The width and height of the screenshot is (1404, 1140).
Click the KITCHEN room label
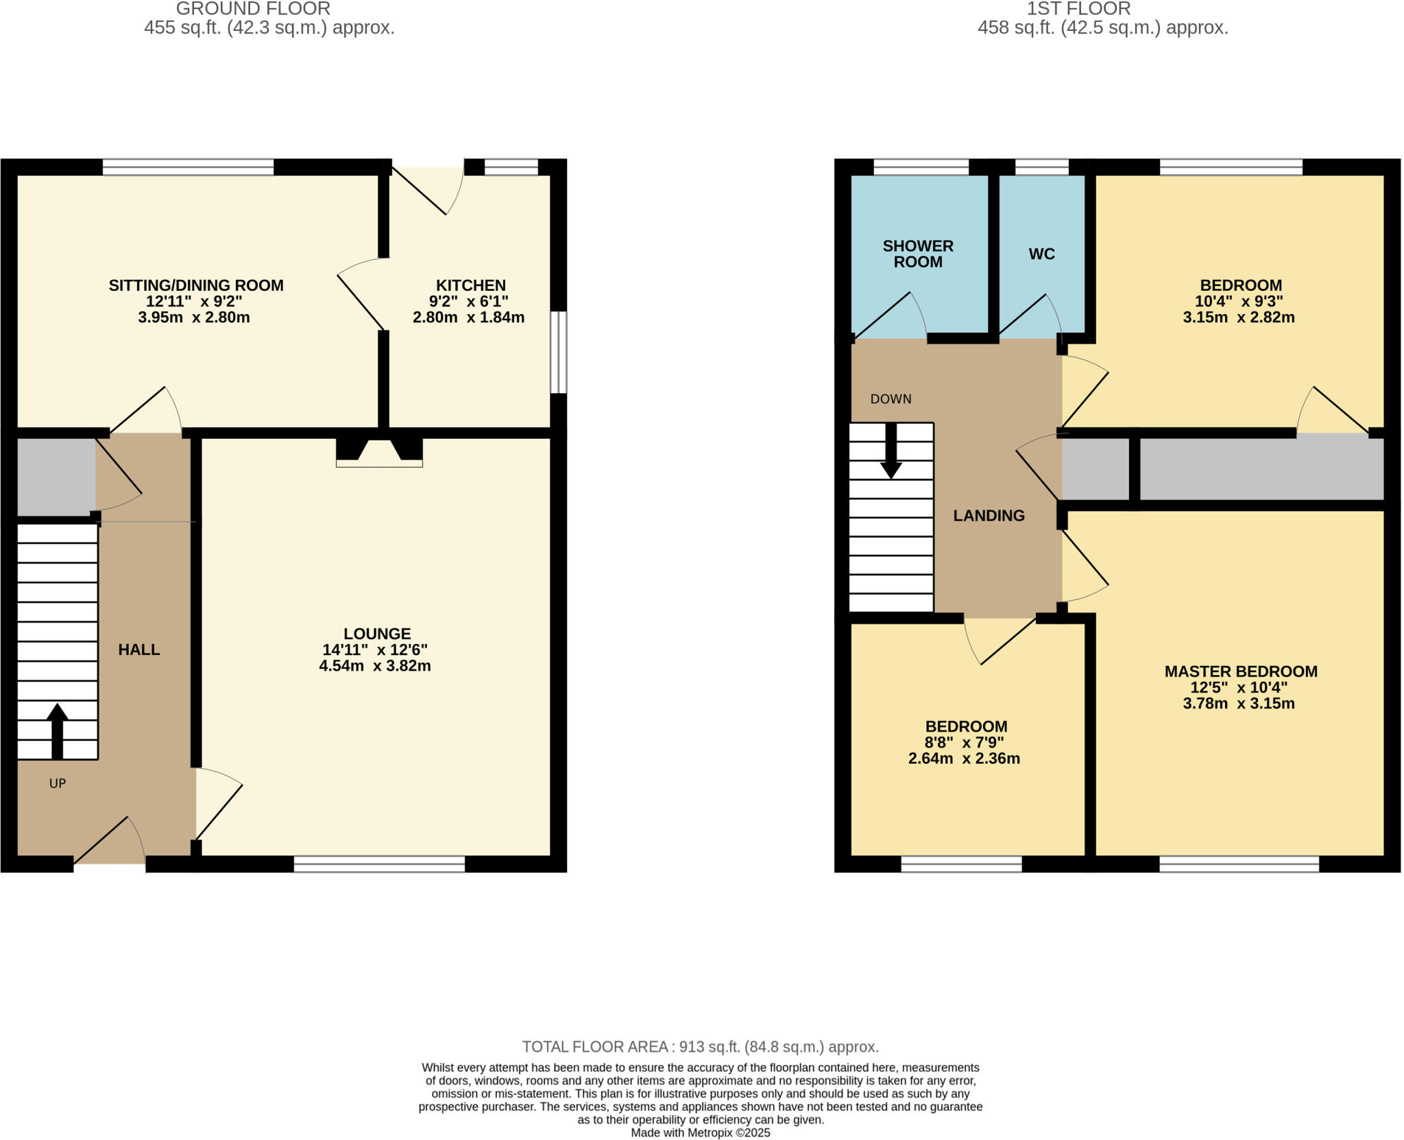pos(470,285)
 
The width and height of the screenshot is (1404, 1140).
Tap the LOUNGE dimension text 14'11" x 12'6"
pos(375,650)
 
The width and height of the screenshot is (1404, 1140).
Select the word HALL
pos(139,650)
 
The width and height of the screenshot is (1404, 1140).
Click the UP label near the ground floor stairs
pos(58,783)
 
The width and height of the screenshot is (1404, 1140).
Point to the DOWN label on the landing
pos(891,399)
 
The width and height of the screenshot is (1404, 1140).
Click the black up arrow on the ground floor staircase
pos(58,731)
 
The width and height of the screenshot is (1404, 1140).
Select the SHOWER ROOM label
pos(918,254)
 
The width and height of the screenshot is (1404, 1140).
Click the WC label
pos(1041,254)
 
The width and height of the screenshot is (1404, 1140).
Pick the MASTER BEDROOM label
pos(1241,672)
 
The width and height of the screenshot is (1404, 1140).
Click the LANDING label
pos(989,516)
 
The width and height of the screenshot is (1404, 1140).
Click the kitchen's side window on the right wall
pos(559,352)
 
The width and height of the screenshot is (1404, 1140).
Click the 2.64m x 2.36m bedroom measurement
pos(964,759)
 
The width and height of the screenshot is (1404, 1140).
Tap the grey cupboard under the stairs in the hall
pos(56,477)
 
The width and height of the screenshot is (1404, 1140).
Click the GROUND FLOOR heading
pos(253,9)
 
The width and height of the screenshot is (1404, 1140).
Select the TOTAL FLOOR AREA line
pos(700,1047)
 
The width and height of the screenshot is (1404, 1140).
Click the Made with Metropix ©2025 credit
pos(700,1132)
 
